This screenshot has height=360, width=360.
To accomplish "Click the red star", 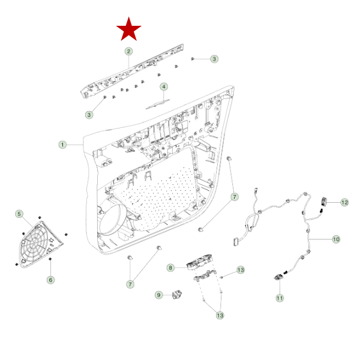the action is pos(129,29).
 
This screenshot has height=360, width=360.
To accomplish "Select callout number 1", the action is pos(62,145).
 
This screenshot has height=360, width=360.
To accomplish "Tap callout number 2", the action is pos(129,51).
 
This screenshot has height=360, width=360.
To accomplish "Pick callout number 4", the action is pos(164,87).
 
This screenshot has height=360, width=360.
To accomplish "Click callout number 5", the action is pos(19,214).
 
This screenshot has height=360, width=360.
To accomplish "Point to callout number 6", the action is pos(50,280).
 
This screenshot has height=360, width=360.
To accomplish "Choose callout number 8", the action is pos(170,268).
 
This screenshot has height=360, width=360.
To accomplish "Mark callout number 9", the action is pos(159,295).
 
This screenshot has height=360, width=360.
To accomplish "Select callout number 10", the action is pos(336,239).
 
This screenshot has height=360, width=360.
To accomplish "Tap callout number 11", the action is pos(280,298).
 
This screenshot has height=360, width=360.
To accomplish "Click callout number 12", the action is pos(344,203).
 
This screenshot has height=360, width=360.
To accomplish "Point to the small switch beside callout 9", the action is pos(177,294).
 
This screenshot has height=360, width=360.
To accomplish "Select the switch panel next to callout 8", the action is pos(199,262).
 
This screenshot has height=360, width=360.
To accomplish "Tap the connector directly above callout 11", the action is pos(279,277).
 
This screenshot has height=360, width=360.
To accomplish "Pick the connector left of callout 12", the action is pos(324,202).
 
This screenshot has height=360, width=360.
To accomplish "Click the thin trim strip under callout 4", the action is pos(158,104).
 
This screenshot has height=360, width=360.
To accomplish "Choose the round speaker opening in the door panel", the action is pos(113,220).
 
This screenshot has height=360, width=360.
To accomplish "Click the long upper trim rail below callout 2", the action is pos(131,71).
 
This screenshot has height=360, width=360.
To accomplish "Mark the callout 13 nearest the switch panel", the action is pos(241,270).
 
